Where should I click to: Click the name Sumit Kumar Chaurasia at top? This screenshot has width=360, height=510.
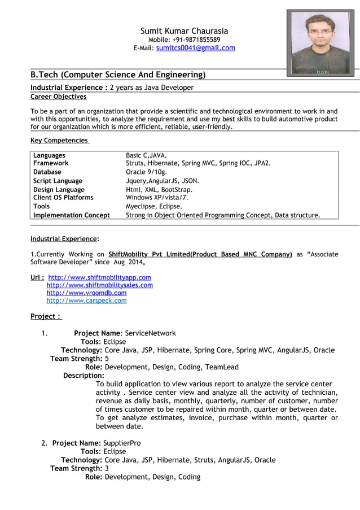point(184,30)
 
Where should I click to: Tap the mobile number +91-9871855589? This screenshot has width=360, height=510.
point(200,40)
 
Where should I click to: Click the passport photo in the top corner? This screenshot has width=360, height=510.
point(320,42)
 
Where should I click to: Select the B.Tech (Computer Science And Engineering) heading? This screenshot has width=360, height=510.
point(117,75)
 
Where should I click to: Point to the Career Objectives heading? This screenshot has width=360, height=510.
point(58,97)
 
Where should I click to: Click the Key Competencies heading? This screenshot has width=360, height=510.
point(59,140)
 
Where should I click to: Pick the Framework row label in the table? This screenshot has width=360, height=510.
point(51,163)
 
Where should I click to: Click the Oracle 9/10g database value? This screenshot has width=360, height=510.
point(147,172)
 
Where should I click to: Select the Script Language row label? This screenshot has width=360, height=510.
point(58,181)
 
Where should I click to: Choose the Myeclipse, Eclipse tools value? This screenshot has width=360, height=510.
point(153,207)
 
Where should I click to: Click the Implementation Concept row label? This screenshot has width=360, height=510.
point(72,215)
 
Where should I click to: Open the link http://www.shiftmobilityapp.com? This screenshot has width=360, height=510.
point(100,277)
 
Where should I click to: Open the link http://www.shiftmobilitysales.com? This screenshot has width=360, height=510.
point(99,285)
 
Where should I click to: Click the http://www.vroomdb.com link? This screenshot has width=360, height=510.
point(86,293)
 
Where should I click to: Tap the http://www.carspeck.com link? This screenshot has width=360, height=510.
point(86,301)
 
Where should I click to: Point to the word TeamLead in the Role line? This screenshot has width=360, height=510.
point(222,367)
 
